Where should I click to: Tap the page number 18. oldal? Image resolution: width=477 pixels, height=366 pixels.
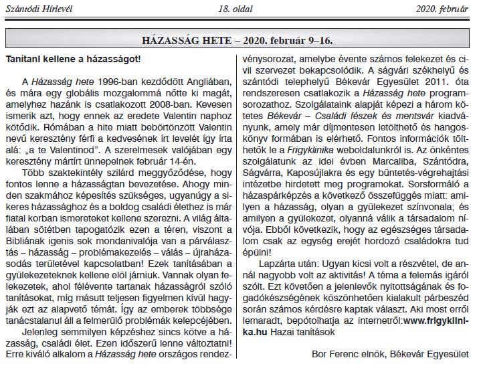coord(235,9)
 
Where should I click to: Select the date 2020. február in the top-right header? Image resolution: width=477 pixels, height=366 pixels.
coord(442,9)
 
